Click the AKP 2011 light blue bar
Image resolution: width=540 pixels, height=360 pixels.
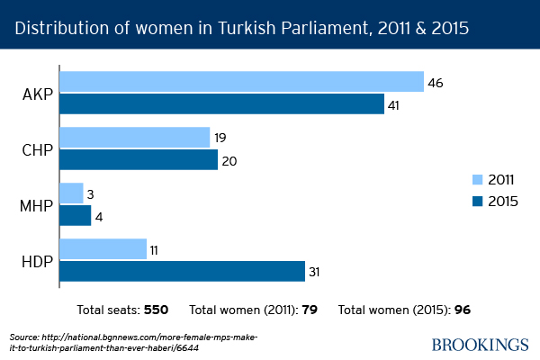tap(241, 82)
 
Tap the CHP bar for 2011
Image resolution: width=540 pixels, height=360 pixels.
tap(134, 137)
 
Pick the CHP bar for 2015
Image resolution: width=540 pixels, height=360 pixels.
tap(139, 159)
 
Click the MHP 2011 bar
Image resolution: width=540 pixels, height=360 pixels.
tap(71, 193)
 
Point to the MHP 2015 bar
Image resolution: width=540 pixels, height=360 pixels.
tap(75, 216)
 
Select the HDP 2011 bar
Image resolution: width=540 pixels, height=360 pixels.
tap(103, 248)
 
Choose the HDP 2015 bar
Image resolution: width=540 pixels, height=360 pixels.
tap(182, 271)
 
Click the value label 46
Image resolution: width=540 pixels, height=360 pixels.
tap(436, 83)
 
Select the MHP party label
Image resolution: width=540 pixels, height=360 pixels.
tap(36, 205)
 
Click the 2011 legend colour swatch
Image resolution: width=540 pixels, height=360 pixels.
tap(478, 179)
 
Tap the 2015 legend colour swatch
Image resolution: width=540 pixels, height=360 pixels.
tap(478, 200)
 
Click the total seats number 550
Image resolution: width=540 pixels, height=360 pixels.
tap(157, 310)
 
